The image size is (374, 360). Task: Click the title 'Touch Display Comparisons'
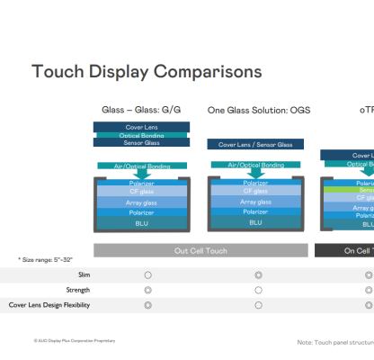click(x=147, y=70)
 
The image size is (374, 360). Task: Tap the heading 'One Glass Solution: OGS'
click(x=259, y=111)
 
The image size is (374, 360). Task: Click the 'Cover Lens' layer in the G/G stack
click(x=140, y=127)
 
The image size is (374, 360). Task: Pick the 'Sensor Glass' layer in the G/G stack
click(x=140, y=142)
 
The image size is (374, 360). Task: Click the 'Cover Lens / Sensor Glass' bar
click(x=255, y=144)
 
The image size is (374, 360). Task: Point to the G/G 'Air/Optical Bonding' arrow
click(x=140, y=166)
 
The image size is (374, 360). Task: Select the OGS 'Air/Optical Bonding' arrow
click(x=255, y=166)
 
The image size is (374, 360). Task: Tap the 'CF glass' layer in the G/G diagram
click(x=140, y=192)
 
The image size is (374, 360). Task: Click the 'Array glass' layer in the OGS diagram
click(x=255, y=202)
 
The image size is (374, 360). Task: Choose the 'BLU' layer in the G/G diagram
click(x=140, y=222)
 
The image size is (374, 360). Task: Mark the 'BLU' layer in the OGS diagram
click(x=255, y=222)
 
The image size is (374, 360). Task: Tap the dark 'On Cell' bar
click(x=347, y=250)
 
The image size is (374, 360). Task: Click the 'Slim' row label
click(x=85, y=274)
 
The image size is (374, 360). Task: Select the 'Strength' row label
click(x=78, y=290)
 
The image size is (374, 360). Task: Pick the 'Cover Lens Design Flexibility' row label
click(x=50, y=305)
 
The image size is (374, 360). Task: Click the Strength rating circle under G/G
click(x=147, y=290)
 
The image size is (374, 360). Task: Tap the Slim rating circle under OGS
click(x=258, y=274)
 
